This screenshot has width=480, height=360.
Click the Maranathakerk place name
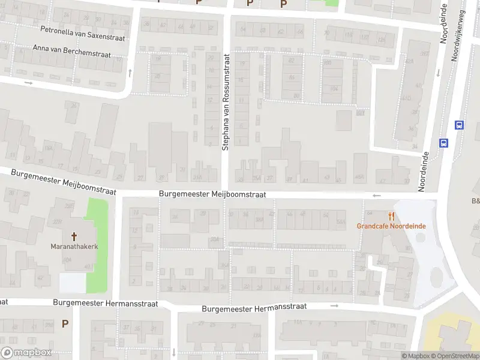coord(74,247)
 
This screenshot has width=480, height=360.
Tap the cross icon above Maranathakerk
coord(74,236)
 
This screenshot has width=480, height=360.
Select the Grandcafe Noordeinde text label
coord(391,226)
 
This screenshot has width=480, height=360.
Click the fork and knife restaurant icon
coord(391,216)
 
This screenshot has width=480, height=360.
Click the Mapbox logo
coord(26,353)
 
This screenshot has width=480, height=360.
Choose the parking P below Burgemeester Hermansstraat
coord(65,323)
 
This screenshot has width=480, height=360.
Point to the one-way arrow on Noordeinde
coord(437,73)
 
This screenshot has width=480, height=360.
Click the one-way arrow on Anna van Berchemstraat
coord(28,82)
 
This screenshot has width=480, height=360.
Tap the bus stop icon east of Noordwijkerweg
coord(459,125)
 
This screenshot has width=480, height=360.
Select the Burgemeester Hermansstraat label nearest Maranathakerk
coord(106,304)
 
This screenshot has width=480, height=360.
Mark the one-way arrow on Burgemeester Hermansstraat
coord(335,305)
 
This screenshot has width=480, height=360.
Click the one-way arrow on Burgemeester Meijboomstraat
coord(377,196)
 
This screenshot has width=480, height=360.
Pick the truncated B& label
coord(475,201)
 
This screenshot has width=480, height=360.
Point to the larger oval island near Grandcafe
coord(436,278)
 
